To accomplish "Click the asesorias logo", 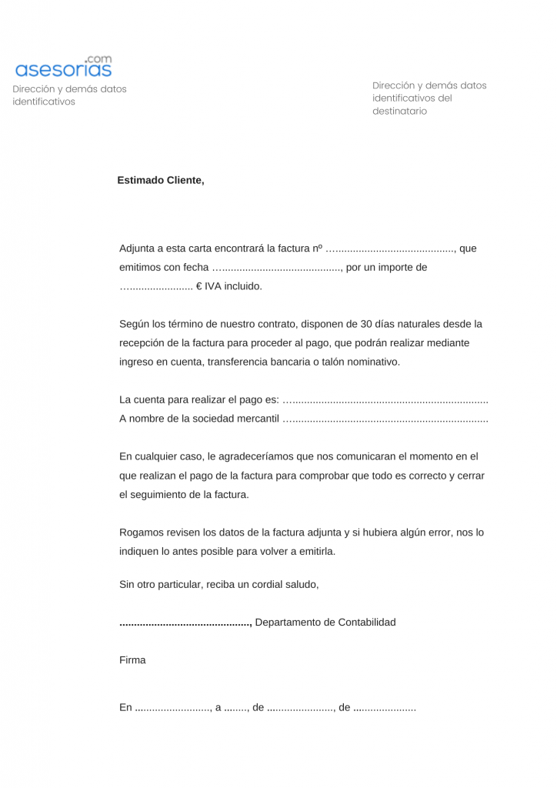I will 63,70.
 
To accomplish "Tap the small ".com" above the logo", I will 98,58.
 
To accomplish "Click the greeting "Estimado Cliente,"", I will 161,180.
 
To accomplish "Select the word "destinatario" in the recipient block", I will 399,111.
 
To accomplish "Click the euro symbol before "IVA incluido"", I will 198,286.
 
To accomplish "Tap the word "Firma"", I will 132,660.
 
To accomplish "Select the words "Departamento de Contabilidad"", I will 325,622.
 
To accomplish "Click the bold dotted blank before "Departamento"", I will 185,622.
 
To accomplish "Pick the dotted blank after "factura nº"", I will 391,249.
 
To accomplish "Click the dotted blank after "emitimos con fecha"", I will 276,268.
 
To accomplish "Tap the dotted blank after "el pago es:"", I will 385,400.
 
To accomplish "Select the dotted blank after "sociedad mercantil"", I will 385,419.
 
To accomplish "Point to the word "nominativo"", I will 373,362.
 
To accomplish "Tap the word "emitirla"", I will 315,552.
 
